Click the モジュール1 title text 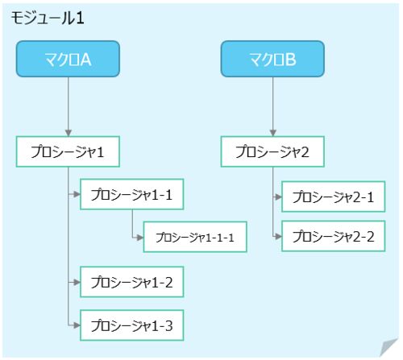(48, 19)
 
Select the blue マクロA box (68, 59)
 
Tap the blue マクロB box (272, 59)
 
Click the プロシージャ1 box (68, 151)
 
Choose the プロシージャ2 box (272, 151)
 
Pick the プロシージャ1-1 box (132, 194)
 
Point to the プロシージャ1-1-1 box (195, 237)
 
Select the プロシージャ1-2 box (132, 282)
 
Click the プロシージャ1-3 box (132, 325)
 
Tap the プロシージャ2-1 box (334, 197)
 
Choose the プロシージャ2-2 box (334, 236)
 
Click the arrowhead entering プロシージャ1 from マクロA (69, 133)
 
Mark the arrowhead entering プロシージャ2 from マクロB (273, 133)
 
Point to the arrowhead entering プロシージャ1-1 (77, 194)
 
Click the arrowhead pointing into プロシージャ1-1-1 (140, 238)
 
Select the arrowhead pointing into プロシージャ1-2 (77, 282)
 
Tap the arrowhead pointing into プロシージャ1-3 (77, 325)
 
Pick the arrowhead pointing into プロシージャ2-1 (278, 197)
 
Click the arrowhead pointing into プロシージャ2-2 (278, 236)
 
